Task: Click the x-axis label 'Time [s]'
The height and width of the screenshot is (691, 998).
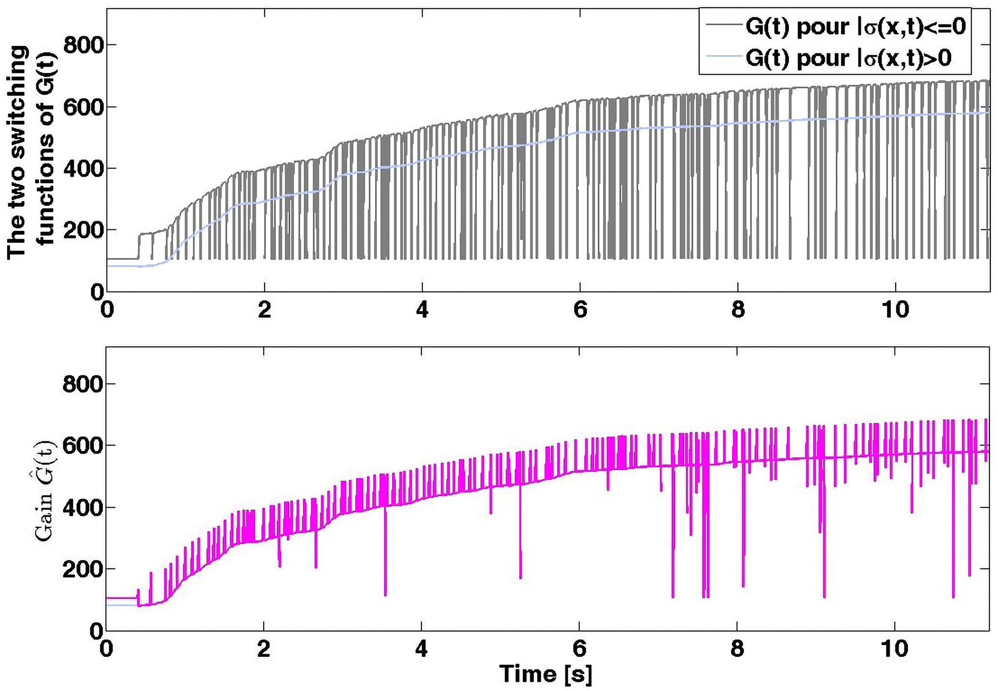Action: click(546, 674)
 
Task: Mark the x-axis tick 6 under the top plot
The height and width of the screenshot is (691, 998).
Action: click(580, 310)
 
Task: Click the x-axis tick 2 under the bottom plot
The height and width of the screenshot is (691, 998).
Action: click(264, 649)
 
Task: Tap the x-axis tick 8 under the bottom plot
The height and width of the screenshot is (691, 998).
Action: click(737, 649)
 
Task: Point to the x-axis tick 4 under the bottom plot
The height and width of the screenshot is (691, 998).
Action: click(422, 649)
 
